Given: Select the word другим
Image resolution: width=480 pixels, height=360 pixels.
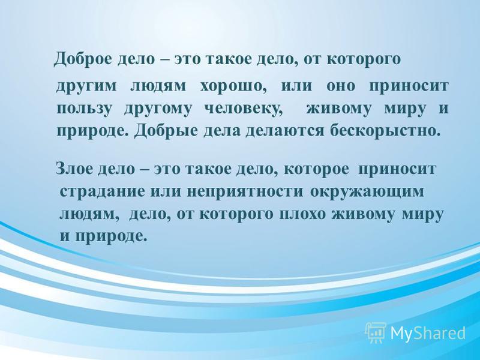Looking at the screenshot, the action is pos(86,86).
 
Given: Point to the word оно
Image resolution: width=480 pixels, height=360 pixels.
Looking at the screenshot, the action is pos(341,86).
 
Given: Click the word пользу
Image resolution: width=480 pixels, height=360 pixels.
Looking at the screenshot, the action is pos(83,109).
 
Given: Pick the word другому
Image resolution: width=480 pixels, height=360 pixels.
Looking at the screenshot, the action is pos(158,110).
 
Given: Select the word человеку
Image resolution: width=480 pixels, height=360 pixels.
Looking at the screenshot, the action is pos(243,109).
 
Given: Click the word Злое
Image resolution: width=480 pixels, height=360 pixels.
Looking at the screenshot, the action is pos(74,169).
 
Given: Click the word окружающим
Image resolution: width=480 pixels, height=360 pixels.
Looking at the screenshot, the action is pos(367,192).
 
